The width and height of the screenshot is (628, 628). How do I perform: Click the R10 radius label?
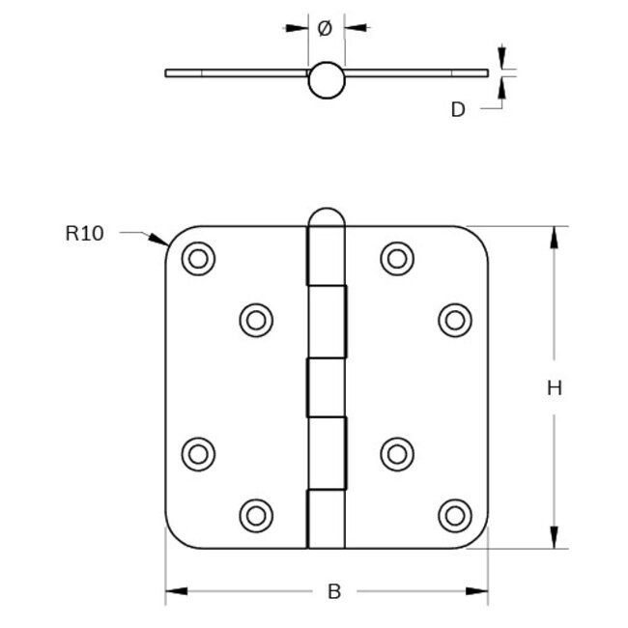84,233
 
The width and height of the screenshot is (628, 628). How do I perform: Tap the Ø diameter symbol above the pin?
325,29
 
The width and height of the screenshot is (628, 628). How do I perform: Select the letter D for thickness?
458,109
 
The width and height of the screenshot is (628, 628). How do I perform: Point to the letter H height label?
554,388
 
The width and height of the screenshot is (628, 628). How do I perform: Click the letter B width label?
334,592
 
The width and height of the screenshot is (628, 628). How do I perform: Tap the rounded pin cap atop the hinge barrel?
326,221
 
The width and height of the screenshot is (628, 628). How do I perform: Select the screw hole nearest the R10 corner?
198,258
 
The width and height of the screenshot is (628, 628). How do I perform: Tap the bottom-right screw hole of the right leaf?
452,514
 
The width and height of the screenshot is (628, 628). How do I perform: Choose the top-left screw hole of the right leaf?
395,258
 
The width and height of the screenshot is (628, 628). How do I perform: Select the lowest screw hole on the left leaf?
256,514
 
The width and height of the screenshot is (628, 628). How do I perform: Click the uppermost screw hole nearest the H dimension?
452,320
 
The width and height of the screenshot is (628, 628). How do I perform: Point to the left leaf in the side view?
237,72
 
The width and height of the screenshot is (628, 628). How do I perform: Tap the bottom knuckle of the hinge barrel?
326,518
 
